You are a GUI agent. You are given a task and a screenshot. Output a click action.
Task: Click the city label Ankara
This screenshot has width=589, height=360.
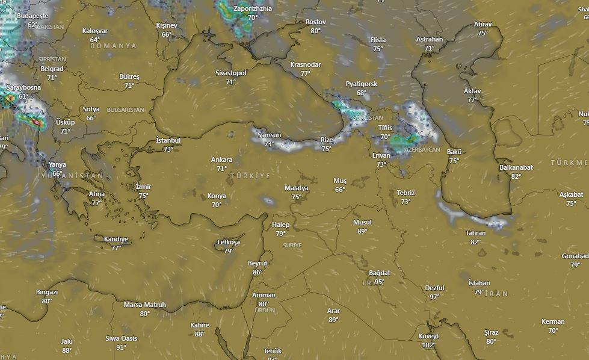point(221,160)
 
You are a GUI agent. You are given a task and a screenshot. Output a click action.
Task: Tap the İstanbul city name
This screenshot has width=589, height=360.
point(168,140)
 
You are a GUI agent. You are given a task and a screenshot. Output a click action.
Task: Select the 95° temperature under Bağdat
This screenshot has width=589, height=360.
point(379,282)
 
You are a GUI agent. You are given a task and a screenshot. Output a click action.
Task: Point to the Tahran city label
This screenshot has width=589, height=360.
point(475,233)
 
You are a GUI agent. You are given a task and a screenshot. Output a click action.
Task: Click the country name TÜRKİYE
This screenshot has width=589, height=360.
point(250,175)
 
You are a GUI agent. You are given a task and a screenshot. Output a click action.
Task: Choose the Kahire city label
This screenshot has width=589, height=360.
point(200,325)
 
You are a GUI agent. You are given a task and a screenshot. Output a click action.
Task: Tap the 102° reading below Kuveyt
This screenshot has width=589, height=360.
point(428,345)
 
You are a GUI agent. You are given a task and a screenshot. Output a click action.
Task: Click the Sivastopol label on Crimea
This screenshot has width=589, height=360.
point(231,73)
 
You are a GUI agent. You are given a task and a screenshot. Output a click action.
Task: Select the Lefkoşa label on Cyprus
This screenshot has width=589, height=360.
point(229,243)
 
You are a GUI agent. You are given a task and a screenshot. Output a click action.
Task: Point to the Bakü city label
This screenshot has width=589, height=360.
point(454,152)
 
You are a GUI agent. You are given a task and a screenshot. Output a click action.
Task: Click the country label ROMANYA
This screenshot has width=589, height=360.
point(114,46)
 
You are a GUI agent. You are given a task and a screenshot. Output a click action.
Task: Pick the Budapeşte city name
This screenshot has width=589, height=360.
point(32,16)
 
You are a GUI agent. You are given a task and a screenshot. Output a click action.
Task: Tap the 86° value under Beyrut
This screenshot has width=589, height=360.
point(257,272)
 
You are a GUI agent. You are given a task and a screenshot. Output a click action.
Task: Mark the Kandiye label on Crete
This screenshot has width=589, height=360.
point(116,239)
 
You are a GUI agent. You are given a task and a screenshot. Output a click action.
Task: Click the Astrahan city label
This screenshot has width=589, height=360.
point(430,40)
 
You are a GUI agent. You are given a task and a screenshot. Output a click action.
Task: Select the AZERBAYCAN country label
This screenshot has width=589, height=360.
point(422,149)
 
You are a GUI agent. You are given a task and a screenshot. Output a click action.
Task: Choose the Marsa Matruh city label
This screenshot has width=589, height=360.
point(144,305)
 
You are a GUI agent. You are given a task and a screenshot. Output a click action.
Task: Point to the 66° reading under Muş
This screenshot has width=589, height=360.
point(340,190)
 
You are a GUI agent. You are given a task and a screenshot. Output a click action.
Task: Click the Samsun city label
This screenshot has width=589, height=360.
point(269,135)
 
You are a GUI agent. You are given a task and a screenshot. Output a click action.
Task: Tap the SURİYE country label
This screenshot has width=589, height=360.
point(292,246)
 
